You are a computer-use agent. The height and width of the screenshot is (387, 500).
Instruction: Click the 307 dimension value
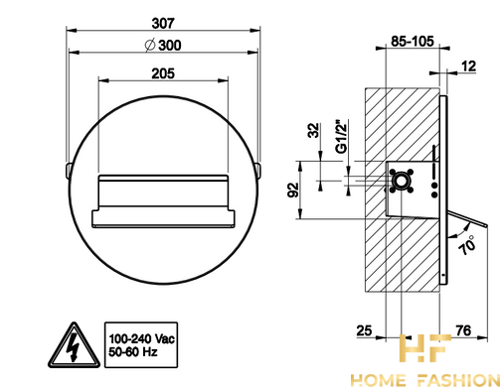pyautogui.click(x=163, y=24)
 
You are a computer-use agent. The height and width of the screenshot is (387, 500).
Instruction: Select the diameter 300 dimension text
pyautogui.click(x=163, y=46)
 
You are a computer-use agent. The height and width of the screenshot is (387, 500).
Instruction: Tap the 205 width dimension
pyautogui.click(x=163, y=73)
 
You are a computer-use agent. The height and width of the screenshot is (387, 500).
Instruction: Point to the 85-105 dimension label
pyautogui.click(x=413, y=42)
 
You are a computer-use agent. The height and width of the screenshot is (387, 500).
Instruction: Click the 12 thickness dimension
pyautogui.click(x=468, y=66)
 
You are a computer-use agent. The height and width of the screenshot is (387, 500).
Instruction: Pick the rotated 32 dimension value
pyautogui.click(x=313, y=130)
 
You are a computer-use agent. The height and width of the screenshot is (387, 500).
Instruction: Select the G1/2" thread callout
pyautogui.click(x=341, y=136)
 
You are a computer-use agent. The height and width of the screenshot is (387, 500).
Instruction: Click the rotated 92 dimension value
pyautogui.click(x=293, y=190)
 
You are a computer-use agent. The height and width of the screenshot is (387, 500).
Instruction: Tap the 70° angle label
pyautogui.click(x=468, y=245)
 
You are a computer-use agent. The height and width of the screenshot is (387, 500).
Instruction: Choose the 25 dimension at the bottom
pyautogui.click(x=364, y=330)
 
